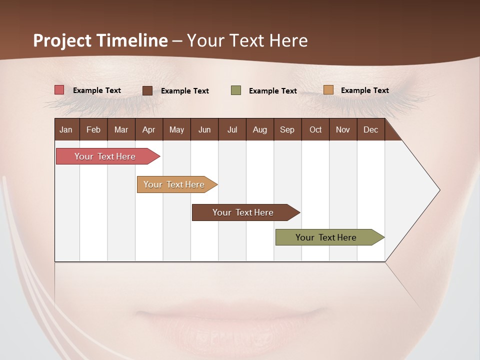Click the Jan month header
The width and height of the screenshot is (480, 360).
(66, 129)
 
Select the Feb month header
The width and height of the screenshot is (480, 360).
(93, 129)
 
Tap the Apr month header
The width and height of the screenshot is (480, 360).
(149, 129)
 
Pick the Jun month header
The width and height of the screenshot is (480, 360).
(204, 129)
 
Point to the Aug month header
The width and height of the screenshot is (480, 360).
(260, 129)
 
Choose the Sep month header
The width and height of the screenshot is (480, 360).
(287, 129)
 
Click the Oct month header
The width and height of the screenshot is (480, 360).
(315, 129)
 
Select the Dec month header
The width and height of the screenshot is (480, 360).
(371, 129)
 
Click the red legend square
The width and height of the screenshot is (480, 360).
(59, 90)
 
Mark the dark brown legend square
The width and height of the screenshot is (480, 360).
(147, 90)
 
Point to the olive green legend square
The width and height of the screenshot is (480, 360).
(236, 90)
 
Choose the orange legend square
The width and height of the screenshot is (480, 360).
(328, 90)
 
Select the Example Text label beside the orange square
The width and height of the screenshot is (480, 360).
(364, 90)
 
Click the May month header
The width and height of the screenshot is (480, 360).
(176, 129)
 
